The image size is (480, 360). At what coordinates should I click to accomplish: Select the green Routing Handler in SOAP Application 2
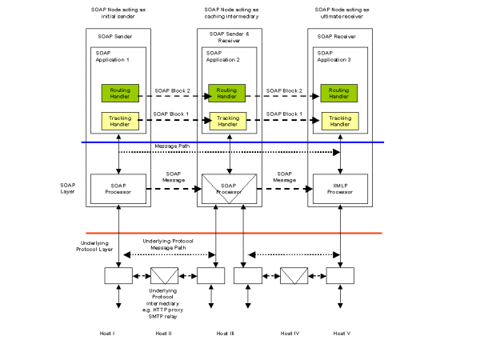[x=227, y=93]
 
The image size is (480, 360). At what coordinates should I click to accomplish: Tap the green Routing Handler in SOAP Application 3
[x=339, y=93]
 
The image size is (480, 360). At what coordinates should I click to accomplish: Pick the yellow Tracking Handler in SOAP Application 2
[x=227, y=121]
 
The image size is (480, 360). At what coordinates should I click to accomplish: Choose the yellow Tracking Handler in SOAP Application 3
[x=339, y=121]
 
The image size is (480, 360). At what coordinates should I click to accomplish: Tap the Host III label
[x=226, y=333]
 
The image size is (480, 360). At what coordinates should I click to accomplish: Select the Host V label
[x=342, y=333]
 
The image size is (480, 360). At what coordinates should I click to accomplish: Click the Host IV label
[x=290, y=333]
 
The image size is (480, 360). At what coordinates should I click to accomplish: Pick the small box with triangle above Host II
[x=165, y=275]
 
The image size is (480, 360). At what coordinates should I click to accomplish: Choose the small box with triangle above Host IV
[x=294, y=275]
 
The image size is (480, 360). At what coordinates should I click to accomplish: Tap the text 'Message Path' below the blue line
[x=172, y=147]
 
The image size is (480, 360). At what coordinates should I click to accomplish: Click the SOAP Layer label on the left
[x=68, y=188]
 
